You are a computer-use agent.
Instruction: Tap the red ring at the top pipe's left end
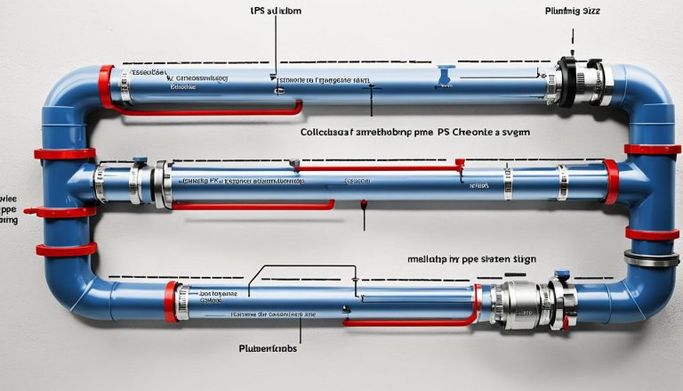106,86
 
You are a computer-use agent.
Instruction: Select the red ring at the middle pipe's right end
611,180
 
